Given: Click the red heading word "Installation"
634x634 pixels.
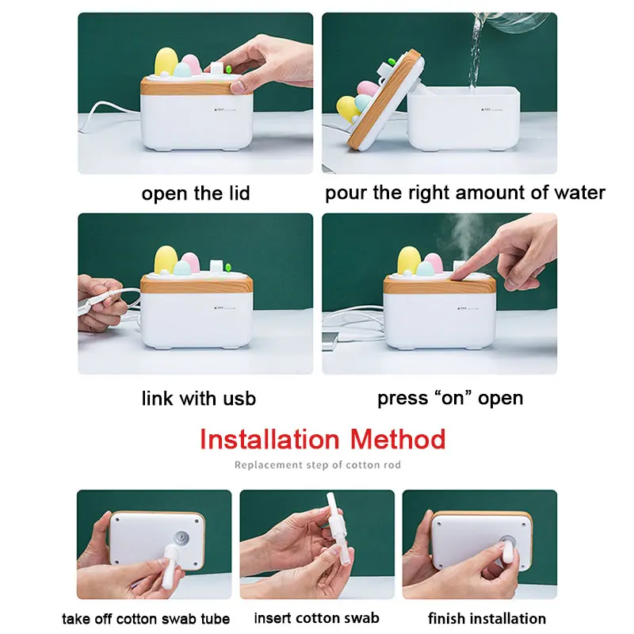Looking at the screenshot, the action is tap(269, 439).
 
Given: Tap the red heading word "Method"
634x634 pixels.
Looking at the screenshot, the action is tap(398, 439).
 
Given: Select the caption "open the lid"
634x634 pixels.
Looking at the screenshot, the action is tap(196, 193).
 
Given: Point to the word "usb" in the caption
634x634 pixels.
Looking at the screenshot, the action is tap(239, 399).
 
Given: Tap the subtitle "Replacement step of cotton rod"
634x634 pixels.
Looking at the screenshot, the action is tap(318, 465).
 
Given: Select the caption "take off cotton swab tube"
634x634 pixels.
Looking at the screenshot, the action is tap(146, 619).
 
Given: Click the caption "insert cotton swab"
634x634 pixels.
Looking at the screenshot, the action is tap(316, 618).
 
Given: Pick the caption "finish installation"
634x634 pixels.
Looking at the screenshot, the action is tap(487, 619).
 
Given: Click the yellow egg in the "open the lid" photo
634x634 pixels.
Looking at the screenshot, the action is tap(166, 62).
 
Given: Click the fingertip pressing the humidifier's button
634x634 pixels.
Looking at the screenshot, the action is tap(458, 275).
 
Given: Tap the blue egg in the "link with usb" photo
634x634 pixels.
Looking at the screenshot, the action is tap(182, 268).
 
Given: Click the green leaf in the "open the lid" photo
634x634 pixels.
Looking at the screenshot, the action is tap(229, 69).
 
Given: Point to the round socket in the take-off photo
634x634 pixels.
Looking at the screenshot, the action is tap(181, 538).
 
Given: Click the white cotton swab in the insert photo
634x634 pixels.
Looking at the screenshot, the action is tap(337, 529).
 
